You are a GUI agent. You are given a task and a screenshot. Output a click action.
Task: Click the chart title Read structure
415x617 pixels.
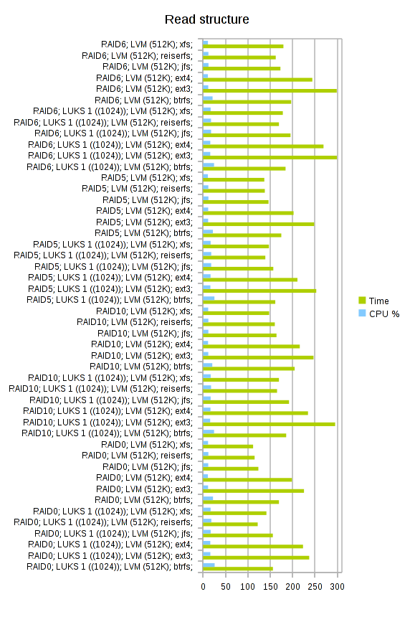tap(206, 19)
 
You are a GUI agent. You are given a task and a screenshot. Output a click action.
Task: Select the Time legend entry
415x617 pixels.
tap(373, 301)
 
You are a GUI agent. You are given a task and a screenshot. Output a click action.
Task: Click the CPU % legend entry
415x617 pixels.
tap(379, 314)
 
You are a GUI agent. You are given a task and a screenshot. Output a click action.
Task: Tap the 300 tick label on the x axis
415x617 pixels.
tap(337, 587)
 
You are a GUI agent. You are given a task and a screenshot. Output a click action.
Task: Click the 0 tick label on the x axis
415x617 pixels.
tap(203, 587)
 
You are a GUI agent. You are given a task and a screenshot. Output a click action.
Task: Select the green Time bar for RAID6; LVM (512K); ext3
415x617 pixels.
tap(269, 91)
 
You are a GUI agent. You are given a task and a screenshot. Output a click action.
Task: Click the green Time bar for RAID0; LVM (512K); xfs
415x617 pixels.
tap(228, 447)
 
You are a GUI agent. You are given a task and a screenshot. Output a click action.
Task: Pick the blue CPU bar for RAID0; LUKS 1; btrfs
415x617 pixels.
tap(209, 565)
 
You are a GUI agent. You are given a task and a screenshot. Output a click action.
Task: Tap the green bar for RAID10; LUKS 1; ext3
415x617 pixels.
tap(269, 424)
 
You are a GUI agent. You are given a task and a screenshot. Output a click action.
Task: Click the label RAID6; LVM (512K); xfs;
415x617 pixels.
tap(147, 44)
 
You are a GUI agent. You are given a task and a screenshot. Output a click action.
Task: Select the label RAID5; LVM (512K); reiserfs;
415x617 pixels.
tap(137, 189)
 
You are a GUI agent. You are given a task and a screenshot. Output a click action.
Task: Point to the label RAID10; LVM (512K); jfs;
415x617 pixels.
tap(145, 334)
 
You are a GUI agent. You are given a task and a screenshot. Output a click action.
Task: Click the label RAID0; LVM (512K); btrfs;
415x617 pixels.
tap(144, 500)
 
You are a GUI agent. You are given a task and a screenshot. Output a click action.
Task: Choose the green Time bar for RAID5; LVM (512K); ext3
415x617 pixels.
tap(259, 225)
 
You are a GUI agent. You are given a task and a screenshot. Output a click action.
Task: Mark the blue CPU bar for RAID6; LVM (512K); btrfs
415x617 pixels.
tap(208, 98)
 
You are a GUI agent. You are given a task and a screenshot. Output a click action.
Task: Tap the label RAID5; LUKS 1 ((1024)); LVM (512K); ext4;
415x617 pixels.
tap(110, 278)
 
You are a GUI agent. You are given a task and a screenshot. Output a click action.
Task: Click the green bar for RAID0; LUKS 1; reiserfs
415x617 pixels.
tap(230, 524)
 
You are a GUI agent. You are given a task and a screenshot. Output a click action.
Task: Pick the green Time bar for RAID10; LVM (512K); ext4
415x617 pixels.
tap(251, 347)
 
